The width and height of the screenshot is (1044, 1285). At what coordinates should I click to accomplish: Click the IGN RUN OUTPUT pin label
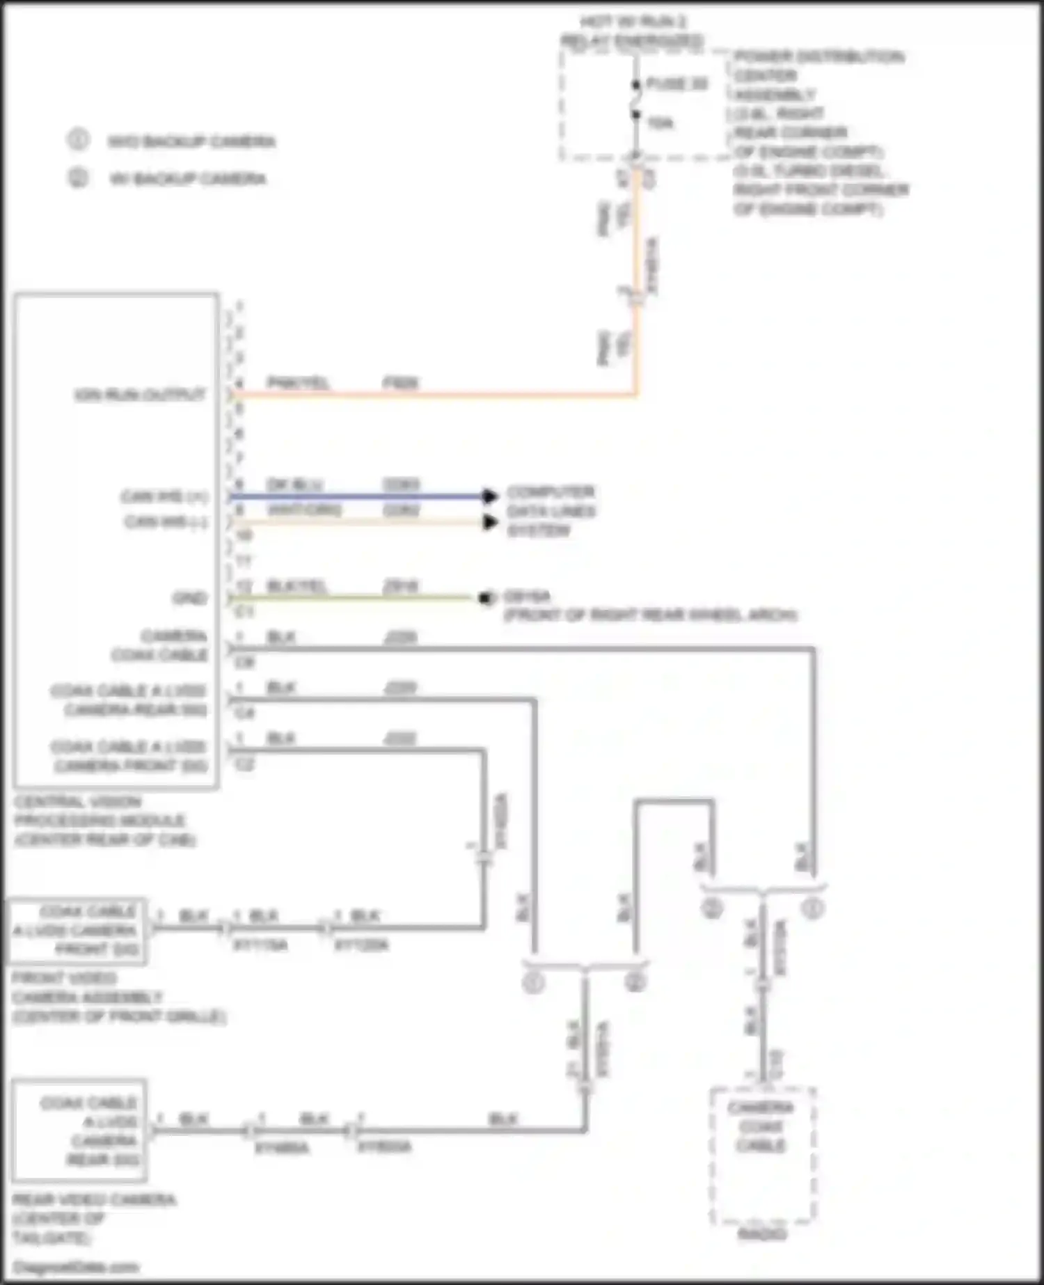click(140, 395)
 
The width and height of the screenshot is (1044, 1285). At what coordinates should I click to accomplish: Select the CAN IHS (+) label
click(164, 497)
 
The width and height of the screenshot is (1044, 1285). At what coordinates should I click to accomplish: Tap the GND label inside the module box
click(190, 598)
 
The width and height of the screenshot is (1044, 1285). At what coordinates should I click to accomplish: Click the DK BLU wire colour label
click(294, 484)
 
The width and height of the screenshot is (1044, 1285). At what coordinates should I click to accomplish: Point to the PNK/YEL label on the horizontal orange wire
click(299, 383)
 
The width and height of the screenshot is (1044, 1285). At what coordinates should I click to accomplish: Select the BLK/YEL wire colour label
click(297, 586)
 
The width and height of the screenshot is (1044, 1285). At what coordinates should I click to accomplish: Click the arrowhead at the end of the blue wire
click(490, 496)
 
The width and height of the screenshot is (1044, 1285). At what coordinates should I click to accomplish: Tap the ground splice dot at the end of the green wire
click(485, 598)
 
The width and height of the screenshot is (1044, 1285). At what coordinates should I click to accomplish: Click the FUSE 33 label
click(677, 84)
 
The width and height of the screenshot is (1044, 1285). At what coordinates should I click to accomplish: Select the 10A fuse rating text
click(660, 123)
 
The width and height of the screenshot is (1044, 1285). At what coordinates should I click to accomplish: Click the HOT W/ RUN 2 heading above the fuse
click(633, 22)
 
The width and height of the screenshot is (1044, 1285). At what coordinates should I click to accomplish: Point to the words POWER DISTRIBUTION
click(819, 56)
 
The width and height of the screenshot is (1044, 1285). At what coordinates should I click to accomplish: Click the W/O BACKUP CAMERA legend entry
click(191, 142)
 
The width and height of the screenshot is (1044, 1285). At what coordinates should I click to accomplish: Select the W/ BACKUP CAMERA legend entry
click(187, 179)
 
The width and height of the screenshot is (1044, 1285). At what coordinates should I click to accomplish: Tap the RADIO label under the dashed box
click(761, 1235)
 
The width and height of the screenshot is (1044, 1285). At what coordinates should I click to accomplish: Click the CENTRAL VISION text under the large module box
click(78, 802)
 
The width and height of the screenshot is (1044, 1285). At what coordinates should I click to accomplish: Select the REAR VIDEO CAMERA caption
click(94, 1199)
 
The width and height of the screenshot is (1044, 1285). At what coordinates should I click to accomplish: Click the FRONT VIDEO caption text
click(64, 978)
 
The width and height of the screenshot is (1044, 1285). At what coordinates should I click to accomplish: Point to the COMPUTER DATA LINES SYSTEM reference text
click(551, 511)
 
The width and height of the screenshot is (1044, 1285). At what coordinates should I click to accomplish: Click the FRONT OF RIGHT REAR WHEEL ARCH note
click(650, 615)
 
